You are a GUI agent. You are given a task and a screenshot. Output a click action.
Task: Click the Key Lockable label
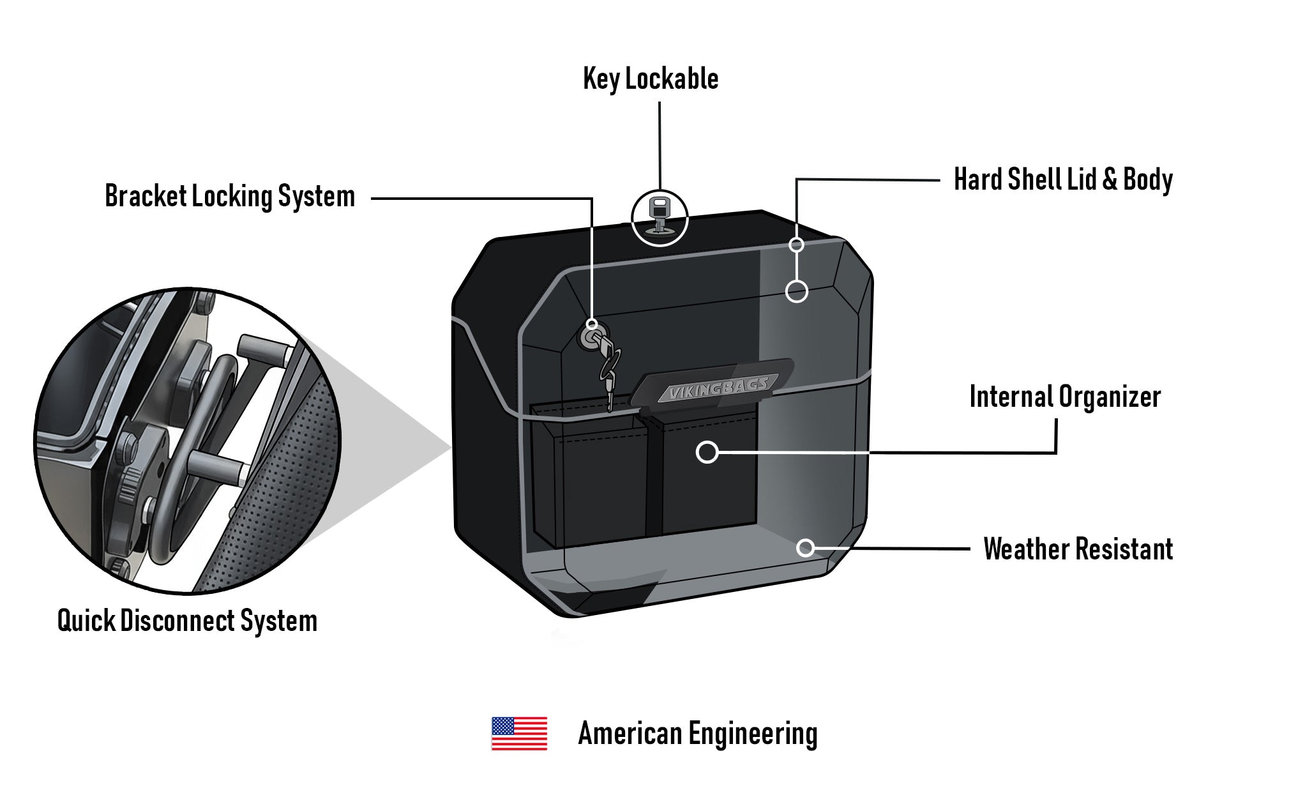point(651,79)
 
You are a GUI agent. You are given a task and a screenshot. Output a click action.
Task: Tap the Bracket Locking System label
point(230,196)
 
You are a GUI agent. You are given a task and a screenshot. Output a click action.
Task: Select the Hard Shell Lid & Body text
point(1063,179)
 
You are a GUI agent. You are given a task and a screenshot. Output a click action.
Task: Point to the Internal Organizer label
point(1065,397)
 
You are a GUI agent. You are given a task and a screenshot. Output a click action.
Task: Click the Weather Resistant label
point(1078,549)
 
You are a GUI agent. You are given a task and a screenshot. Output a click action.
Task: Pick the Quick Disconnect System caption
point(187,621)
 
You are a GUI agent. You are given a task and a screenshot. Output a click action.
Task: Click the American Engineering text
point(697,734)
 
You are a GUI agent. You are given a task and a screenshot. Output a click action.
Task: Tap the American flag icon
point(519,734)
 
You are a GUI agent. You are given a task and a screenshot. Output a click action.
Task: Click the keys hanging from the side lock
point(608,370)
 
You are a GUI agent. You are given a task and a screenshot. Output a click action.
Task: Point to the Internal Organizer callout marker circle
point(707,452)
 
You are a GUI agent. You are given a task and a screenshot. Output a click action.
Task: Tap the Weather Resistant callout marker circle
point(806,547)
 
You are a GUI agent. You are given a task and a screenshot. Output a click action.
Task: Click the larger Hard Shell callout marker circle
point(796,291)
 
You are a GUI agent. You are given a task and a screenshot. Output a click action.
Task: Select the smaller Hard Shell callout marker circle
point(796,245)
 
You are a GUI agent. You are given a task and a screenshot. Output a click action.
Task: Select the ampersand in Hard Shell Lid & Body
point(1110,179)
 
